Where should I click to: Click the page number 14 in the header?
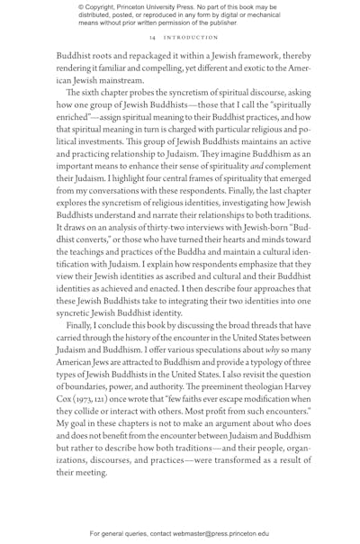[144, 38]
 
